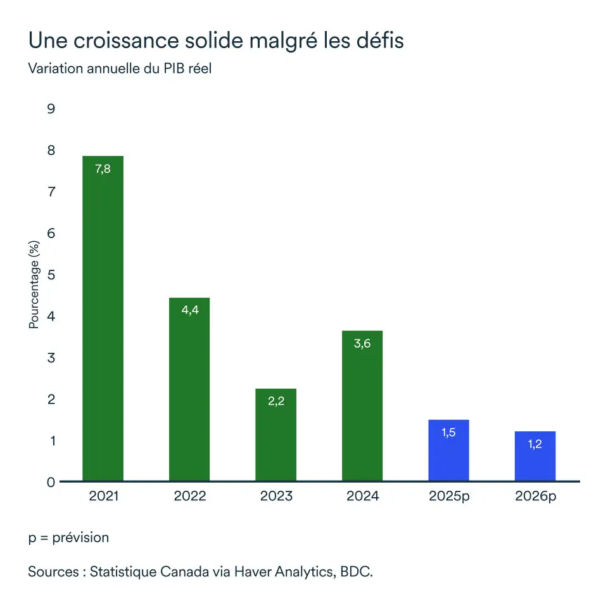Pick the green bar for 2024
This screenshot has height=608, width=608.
coord(362,406)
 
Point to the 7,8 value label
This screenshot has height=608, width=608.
coord(103,169)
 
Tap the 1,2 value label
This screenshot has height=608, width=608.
coord(535,444)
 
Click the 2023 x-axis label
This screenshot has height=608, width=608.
coord(276,496)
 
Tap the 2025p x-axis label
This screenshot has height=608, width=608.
coord(449,496)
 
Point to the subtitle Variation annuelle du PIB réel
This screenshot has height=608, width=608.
coord(120,68)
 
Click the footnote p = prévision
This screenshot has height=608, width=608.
coord(68,538)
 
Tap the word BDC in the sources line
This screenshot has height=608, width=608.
coord(356,572)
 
